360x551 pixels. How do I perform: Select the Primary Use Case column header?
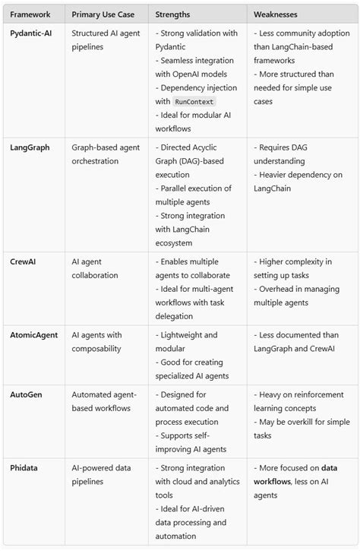click(x=103, y=14)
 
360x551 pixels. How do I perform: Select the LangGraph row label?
click(x=30, y=147)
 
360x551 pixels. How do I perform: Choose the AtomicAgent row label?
click(x=35, y=334)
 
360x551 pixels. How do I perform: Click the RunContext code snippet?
click(x=194, y=101)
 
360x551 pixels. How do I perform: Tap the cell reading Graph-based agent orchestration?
click(x=104, y=154)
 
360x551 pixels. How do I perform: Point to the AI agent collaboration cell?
click(x=95, y=268)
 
